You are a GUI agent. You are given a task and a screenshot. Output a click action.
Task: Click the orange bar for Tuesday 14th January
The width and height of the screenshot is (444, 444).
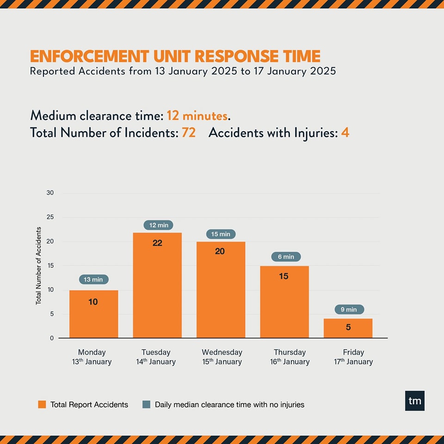[x=157, y=285]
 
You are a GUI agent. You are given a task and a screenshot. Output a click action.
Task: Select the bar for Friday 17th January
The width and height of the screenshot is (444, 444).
[x=348, y=328]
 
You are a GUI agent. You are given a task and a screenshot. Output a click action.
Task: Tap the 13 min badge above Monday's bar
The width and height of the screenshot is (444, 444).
[x=93, y=279]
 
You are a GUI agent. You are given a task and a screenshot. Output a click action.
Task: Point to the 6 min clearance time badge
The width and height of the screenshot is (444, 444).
[x=286, y=257]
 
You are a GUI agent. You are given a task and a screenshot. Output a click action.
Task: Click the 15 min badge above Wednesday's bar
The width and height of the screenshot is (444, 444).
[x=221, y=234]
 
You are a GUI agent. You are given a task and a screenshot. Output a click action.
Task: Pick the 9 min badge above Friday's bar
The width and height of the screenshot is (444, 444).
[x=349, y=309]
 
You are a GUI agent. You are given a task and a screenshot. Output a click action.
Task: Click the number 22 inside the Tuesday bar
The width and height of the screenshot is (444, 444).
[x=157, y=243]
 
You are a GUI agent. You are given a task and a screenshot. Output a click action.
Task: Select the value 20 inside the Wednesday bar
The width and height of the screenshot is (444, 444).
[x=220, y=251]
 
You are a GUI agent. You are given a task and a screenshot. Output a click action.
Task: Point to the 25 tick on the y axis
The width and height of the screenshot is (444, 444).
[x=50, y=217]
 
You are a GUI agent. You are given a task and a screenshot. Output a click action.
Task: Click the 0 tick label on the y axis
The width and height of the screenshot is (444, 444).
[x=52, y=338]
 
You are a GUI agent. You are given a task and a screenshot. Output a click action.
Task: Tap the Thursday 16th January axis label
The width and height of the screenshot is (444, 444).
[x=290, y=357]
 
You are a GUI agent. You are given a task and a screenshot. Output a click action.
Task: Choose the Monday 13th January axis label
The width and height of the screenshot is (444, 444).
[x=92, y=357]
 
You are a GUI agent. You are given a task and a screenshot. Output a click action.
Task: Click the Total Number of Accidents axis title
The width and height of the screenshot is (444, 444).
[x=38, y=265]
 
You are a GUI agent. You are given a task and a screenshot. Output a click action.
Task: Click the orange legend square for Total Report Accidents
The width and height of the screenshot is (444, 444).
[x=42, y=404]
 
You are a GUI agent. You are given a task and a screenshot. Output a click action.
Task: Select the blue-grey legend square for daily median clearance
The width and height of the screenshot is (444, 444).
[x=147, y=404]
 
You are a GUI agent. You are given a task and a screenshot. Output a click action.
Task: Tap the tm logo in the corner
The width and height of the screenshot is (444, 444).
[x=414, y=401]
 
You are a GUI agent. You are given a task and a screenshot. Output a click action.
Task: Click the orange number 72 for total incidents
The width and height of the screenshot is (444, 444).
[x=189, y=133]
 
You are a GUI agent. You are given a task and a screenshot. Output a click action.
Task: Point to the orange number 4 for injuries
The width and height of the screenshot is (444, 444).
[x=345, y=133]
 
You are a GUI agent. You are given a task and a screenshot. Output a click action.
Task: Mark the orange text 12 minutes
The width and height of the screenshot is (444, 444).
[x=197, y=116]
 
